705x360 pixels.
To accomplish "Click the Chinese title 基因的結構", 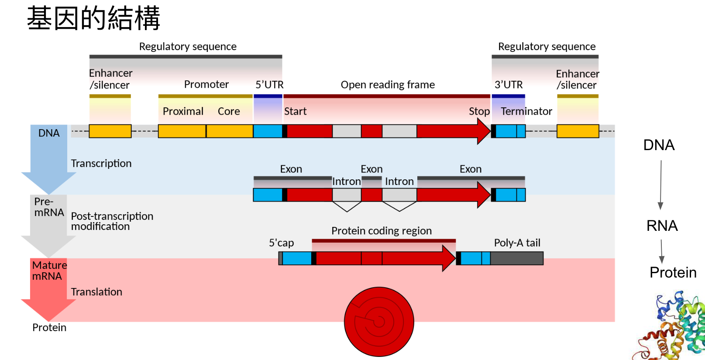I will click(x=93, y=18).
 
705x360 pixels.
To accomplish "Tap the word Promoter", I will click(x=206, y=84).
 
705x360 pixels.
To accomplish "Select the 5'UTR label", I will click(x=269, y=85).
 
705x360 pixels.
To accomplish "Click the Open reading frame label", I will click(x=388, y=85).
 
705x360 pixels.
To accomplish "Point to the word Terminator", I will click(x=526, y=111).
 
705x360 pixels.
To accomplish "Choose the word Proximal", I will click(x=183, y=111).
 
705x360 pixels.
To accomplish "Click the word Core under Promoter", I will click(x=229, y=111).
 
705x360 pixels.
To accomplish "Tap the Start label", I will click(x=295, y=111).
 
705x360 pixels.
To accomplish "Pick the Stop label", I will click(x=479, y=111).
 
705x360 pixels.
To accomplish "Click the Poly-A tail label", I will click(x=517, y=243).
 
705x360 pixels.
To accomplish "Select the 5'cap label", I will click(x=281, y=243).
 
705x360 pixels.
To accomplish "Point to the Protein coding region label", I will click(x=381, y=231).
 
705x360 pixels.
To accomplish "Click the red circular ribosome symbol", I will click(x=379, y=322).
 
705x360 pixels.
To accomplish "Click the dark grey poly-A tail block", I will click(x=517, y=258).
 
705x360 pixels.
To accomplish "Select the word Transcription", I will click(x=101, y=163).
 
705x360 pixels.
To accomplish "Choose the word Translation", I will click(x=96, y=292).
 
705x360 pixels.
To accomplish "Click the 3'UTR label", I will click(x=508, y=85).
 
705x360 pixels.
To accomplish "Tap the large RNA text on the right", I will click(x=662, y=226).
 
